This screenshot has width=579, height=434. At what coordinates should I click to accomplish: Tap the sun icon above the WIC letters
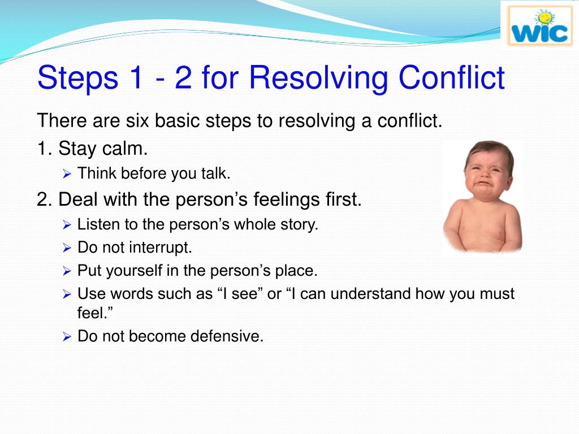(545, 18)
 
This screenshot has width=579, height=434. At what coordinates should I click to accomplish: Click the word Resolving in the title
(318, 78)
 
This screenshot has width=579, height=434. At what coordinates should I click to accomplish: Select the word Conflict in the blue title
(451, 77)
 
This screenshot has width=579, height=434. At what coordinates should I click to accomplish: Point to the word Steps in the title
(77, 78)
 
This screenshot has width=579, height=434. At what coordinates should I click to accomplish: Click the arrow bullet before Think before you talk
(67, 174)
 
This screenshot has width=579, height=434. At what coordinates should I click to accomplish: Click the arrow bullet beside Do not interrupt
(67, 248)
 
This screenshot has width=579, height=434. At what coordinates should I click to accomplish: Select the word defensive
(227, 336)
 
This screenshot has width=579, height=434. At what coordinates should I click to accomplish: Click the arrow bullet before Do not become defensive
(67, 337)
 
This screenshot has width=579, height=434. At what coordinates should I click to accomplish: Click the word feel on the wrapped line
(91, 313)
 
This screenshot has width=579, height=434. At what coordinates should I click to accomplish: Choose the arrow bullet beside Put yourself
(67, 272)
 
